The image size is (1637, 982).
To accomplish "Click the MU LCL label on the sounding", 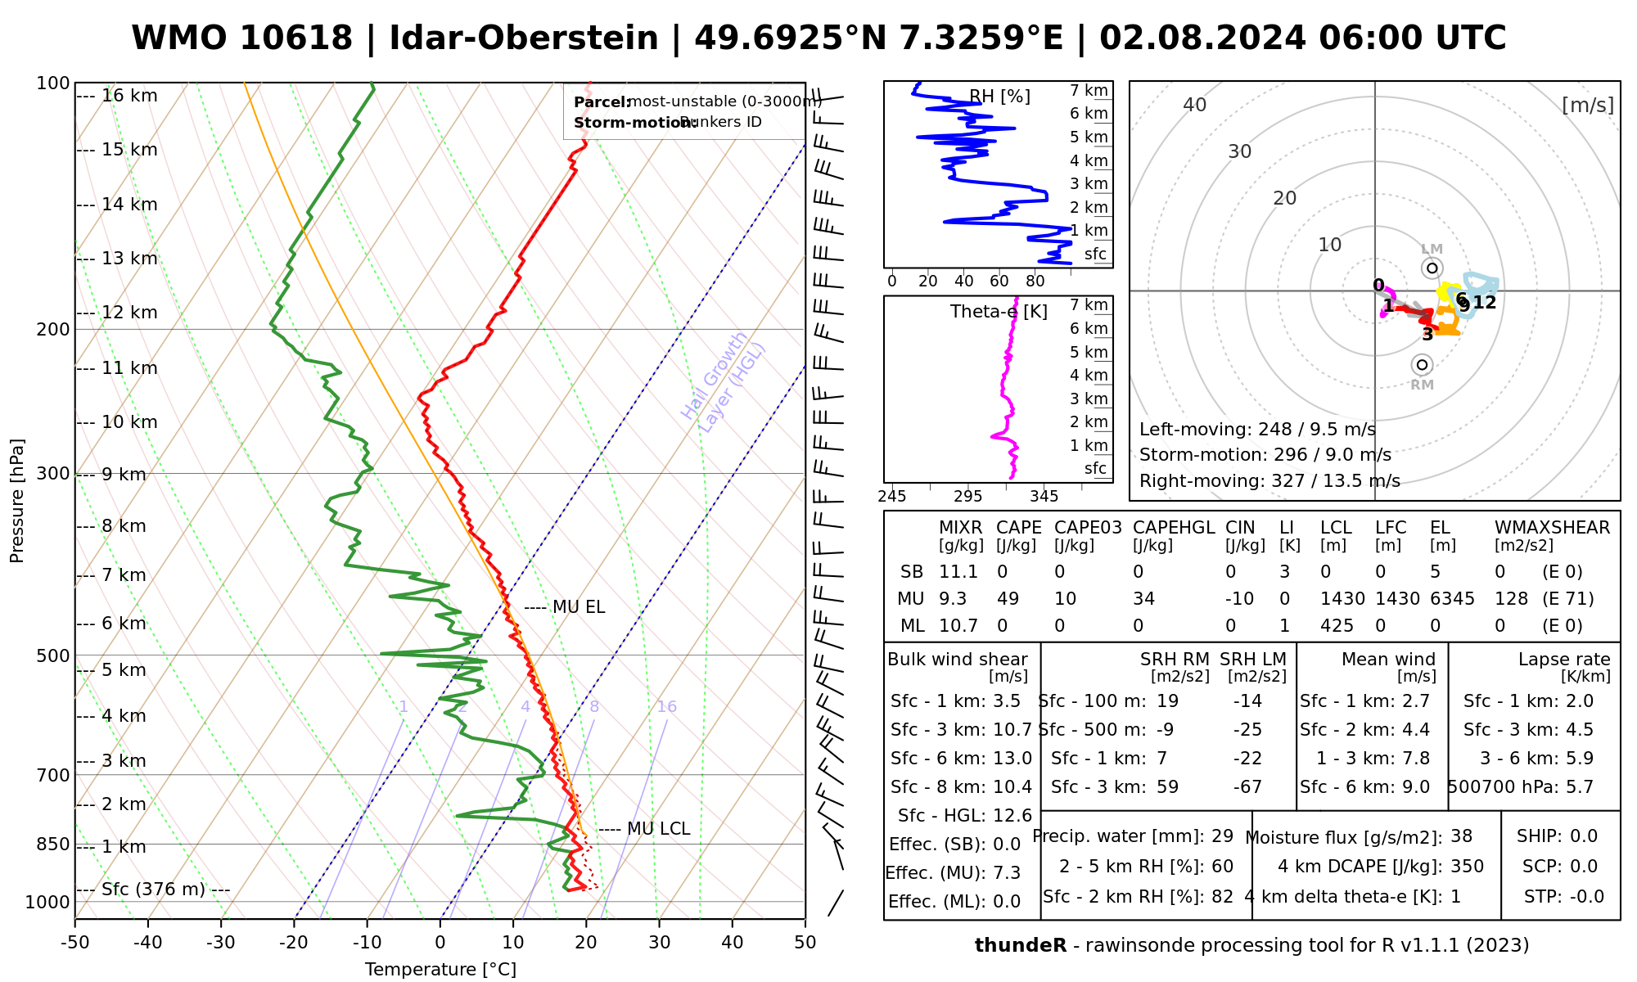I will pyautogui.click(x=658, y=829).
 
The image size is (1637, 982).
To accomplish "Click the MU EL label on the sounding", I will pyautogui.click(x=579, y=607).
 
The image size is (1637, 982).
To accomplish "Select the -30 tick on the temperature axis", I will pyautogui.click(x=221, y=943).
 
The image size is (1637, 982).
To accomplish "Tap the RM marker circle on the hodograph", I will pyautogui.click(x=1422, y=365).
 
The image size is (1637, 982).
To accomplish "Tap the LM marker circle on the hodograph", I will pyautogui.click(x=1432, y=268).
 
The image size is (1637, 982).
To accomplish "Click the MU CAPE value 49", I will pyautogui.click(x=1008, y=599).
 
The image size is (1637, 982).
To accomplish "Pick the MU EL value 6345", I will pyautogui.click(x=1452, y=599).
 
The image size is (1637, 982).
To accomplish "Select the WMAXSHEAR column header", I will pyautogui.click(x=1552, y=528).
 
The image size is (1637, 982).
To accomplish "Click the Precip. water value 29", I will pyautogui.click(x=1222, y=836).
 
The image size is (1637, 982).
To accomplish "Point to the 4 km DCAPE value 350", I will pyautogui.click(x=1467, y=867).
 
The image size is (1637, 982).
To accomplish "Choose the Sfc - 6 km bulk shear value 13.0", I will pyautogui.click(x=1013, y=759).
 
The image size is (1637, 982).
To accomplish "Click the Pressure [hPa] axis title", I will pyautogui.click(x=17, y=501).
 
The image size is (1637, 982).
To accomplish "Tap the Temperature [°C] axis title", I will pyautogui.click(x=440, y=970).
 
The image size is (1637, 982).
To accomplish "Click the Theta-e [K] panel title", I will pyautogui.click(x=999, y=312).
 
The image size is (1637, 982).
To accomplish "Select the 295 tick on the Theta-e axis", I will pyautogui.click(x=967, y=497).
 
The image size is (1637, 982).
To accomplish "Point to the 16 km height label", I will pyautogui.click(x=129, y=96).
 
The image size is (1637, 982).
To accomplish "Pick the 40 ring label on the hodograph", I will pyautogui.click(x=1195, y=105).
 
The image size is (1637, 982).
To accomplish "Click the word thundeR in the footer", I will pyautogui.click(x=1021, y=946).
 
